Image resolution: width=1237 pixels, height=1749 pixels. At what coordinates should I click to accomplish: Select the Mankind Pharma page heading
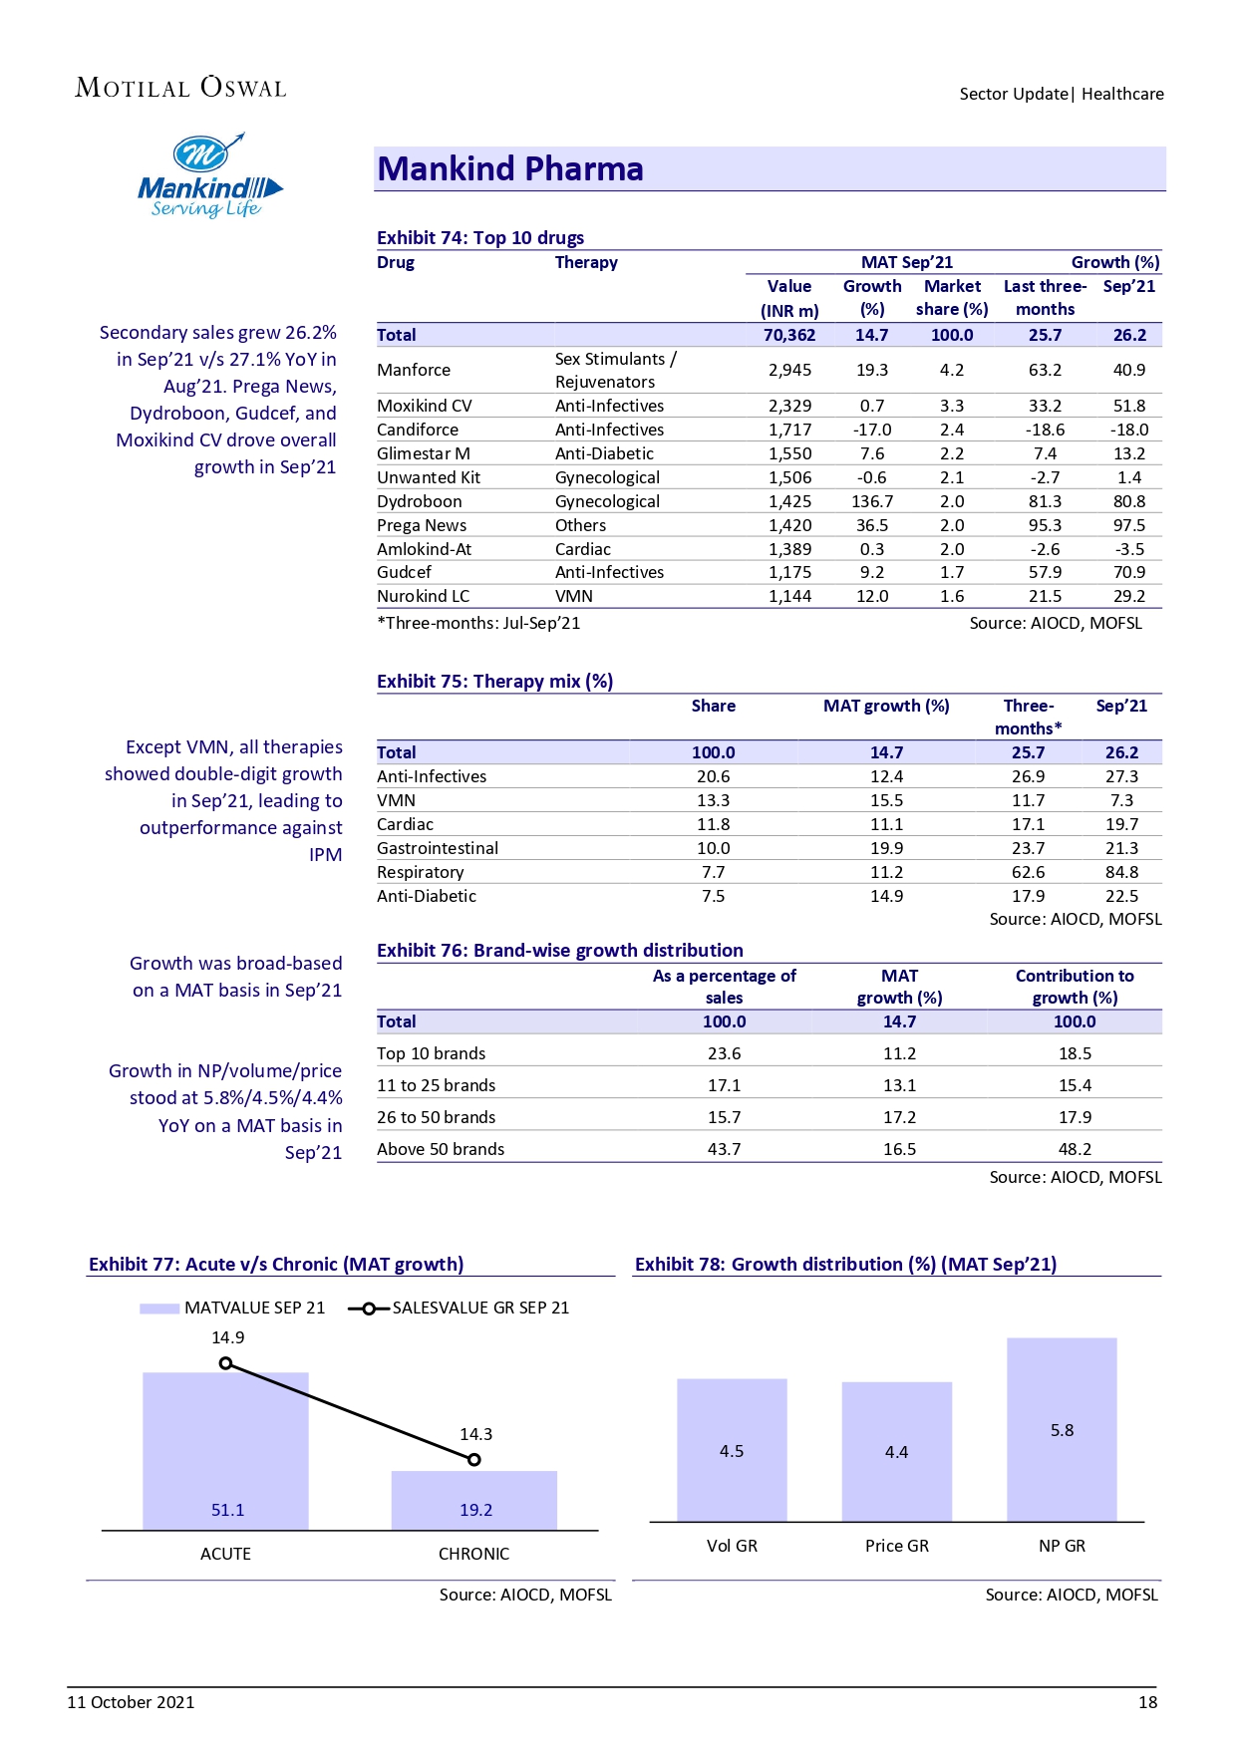point(509,169)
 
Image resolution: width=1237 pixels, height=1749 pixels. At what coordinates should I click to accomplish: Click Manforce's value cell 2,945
point(789,370)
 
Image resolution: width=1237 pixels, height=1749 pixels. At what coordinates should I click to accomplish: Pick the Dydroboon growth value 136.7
point(872,501)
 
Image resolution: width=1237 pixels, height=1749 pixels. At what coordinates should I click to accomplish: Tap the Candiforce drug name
point(418,430)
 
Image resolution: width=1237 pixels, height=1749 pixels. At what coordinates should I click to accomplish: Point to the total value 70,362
point(789,335)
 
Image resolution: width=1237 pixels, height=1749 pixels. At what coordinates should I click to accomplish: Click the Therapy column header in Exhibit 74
point(586,262)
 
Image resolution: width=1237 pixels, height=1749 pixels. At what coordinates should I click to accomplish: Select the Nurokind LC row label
point(423,596)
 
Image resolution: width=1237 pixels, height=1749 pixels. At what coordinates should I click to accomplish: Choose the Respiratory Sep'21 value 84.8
point(1121,872)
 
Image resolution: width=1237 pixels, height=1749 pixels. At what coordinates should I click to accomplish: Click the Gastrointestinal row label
point(438,848)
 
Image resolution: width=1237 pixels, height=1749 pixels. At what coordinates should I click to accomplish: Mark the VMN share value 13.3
point(713,800)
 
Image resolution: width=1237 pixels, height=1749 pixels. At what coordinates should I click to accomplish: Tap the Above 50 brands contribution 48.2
point(1075,1149)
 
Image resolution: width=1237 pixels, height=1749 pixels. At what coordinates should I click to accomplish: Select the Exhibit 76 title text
point(559,950)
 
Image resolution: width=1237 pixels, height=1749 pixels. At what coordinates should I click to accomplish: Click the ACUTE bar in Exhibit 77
point(225,1450)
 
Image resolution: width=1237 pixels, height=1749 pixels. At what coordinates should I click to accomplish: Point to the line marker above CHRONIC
point(474,1460)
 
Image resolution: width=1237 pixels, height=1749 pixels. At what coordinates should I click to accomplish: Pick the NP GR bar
point(1062,1429)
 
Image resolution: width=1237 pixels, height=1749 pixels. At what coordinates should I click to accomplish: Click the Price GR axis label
point(896,1546)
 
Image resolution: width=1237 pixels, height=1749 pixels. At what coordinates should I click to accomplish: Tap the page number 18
point(1147,1702)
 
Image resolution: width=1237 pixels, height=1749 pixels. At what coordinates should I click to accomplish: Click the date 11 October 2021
point(131,1702)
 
